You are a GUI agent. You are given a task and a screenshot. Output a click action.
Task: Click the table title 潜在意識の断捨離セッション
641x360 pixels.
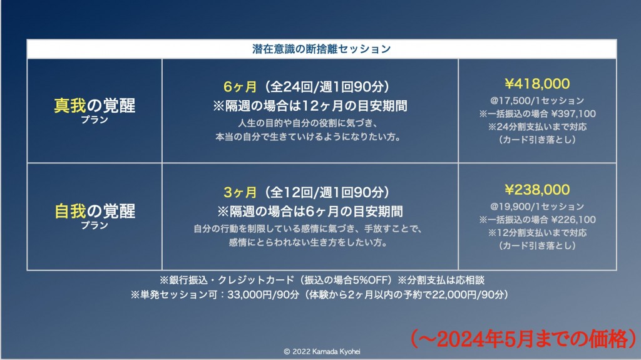pyautogui.click(x=321, y=49)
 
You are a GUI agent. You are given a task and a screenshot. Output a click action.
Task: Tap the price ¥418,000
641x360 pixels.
pyautogui.click(x=537, y=84)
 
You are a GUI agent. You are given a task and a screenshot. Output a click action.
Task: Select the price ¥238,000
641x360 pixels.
pyautogui.click(x=537, y=190)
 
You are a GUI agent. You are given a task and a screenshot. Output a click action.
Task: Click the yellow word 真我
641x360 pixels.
pyautogui.click(x=70, y=106)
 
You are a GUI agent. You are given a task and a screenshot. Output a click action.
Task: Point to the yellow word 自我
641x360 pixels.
pyautogui.click(x=70, y=212)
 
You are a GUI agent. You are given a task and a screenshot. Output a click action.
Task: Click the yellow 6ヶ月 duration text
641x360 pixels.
pyautogui.click(x=240, y=87)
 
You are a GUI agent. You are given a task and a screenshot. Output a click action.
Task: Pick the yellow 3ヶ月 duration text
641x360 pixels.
pyautogui.click(x=240, y=192)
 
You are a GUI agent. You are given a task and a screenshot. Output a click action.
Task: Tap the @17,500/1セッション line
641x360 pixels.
pyautogui.click(x=537, y=101)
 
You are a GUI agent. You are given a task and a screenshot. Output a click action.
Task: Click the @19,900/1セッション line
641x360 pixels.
pyautogui.click(x=537, y=207)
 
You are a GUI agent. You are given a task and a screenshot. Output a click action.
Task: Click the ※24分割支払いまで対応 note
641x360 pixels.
pyautogui.click(x=537, y=127)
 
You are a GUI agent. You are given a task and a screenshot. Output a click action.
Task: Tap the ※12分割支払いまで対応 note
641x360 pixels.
pyautogui.click(x=537, y=233)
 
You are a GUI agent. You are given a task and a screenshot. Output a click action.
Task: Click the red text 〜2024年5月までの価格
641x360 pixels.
pyautogui.click(x=524, y=339)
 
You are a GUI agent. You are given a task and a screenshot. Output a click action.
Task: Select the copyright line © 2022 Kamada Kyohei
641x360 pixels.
pyautogui.click(x=322, y=351)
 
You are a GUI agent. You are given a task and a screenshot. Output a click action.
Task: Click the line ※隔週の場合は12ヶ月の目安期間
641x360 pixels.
pyautogui.click(x=310, y=106)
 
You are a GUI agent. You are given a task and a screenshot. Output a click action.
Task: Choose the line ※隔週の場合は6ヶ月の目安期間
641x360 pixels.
pyautogui.click(x=310, y=212)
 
